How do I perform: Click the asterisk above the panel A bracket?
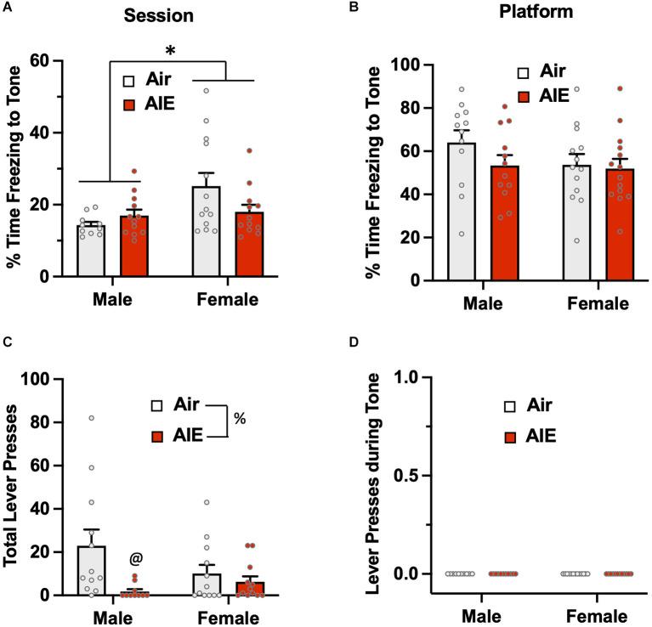170,51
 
